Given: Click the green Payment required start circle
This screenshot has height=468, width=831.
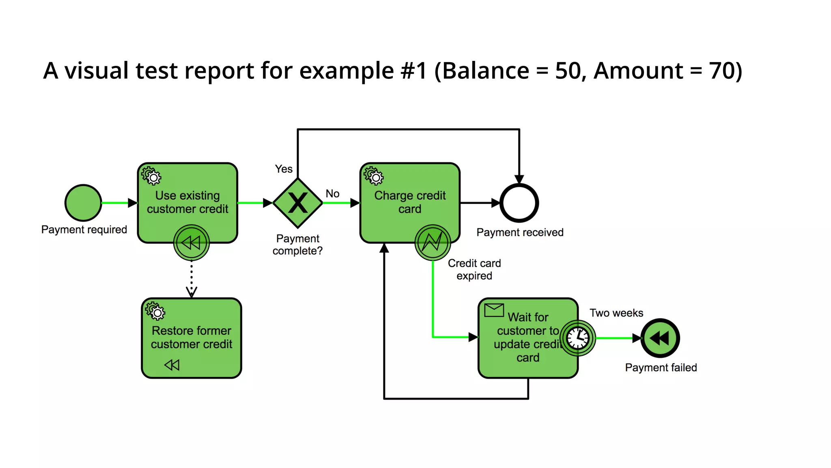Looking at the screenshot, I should (83, 203).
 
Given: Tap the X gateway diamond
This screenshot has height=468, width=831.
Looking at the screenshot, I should (298, 203).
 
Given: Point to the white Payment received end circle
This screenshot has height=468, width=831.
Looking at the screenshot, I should (519, 203).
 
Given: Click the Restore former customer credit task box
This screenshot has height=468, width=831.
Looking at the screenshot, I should (192, 337).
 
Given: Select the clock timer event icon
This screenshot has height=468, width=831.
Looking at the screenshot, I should (578, 338).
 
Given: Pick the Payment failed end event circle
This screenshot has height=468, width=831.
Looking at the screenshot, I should (660, 338).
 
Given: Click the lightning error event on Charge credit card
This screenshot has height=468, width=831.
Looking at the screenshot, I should (433, 243).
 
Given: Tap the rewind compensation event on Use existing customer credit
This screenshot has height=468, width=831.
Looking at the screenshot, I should (192, 243).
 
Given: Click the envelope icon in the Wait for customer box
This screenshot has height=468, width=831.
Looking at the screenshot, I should (494, 310).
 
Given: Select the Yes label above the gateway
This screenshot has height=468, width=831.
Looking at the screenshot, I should (284, 169).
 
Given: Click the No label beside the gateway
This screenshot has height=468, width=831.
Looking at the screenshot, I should (332, 194).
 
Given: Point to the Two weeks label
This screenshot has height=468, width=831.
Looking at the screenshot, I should (616, 313).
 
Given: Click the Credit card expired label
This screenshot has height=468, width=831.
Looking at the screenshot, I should (474, 269).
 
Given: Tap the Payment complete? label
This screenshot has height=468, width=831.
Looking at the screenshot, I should (297, 245).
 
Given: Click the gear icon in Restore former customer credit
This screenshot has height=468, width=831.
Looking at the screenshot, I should (155, 312).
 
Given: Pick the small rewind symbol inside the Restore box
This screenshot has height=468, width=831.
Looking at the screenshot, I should (172, 365).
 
